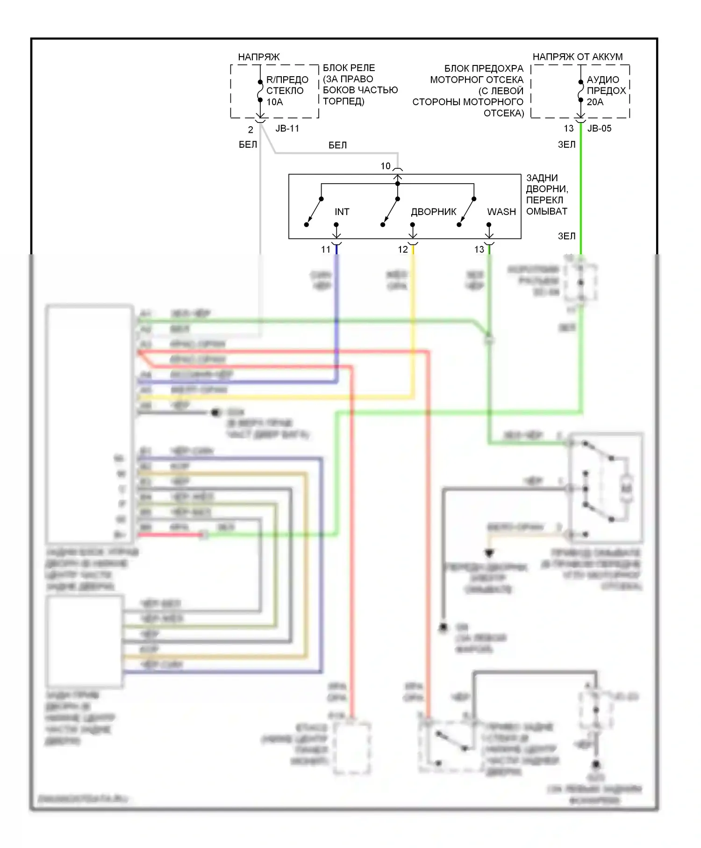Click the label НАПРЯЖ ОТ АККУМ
(577, 57)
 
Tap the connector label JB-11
(287, 129)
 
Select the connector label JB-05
(599, 129)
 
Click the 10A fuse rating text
(275, 102)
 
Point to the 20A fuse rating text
(595, 102)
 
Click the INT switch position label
(342, 212)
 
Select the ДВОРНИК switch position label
(433, 212)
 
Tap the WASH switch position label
(501, 212)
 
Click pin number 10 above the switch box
(386, 166)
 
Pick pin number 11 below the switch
(326, 250)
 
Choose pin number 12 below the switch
(403, 250)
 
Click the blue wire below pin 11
(336, 304)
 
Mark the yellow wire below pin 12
(413, 304)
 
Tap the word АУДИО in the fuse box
(603, 80)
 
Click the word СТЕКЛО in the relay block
(285, 91)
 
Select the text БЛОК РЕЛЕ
(349, 68)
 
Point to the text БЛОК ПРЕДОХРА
(484, 69)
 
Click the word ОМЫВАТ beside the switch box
(546, 211)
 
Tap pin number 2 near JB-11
(250, 130)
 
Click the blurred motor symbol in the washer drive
(626, 489)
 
